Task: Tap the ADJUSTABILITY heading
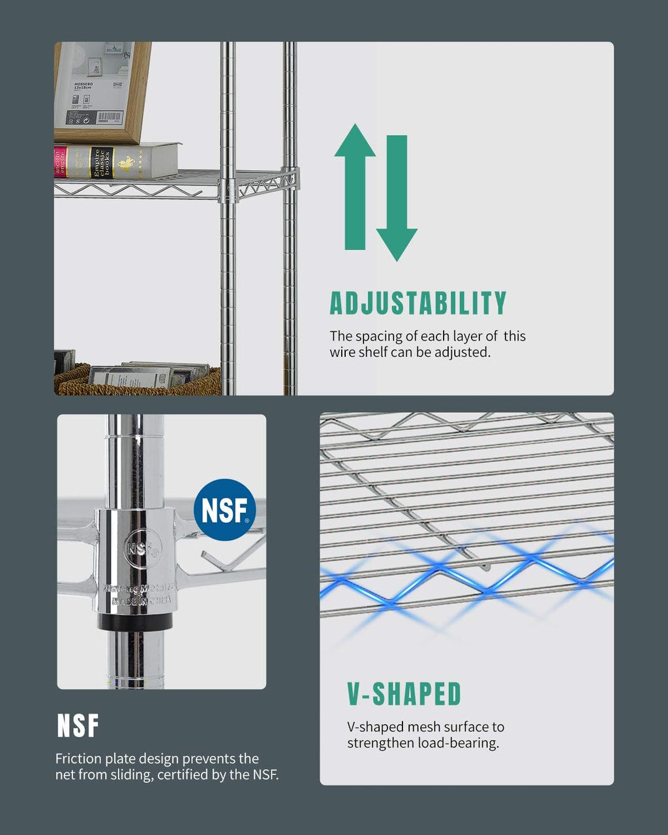(x=417, y=304)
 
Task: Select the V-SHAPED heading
(x=404, y=694)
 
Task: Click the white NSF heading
(x=78, y=726)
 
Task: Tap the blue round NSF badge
(x=224, y=510)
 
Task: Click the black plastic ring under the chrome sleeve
(x=136, y=621)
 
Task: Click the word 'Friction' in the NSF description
(x=78, y=759)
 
